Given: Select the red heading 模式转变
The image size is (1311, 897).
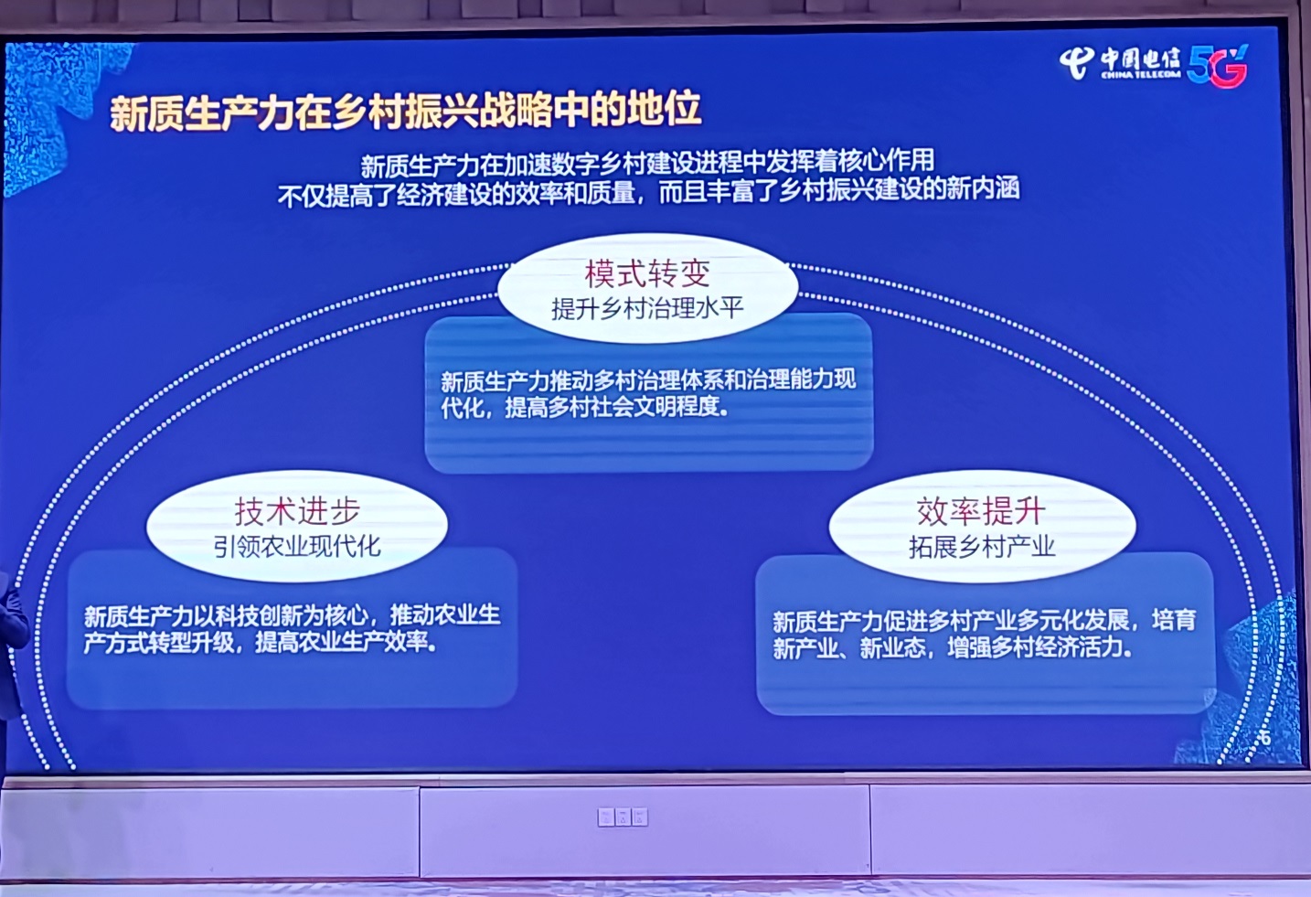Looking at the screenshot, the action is point(647,274).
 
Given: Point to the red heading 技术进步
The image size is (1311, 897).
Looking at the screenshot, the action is point(297,511).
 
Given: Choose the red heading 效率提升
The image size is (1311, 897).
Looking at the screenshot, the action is point(981,511).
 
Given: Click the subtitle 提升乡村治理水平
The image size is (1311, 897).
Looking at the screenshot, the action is point(647,308).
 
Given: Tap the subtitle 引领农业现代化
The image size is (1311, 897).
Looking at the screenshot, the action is point(297,547).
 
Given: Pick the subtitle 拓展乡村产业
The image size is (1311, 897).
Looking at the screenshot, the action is point(982,547).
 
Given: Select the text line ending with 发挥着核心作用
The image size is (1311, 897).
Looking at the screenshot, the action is point(647,164).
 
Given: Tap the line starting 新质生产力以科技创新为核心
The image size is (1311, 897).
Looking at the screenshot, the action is point(292,616).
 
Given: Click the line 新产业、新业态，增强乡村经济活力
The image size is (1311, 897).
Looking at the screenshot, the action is point(953,647).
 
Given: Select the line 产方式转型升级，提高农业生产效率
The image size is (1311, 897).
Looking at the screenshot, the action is point(261,643).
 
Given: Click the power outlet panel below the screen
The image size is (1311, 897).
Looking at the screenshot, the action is point(623,817).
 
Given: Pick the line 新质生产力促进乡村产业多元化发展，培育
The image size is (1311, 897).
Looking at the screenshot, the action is point(984,621).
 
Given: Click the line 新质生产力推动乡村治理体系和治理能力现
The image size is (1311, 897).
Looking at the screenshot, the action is point(648,380).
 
